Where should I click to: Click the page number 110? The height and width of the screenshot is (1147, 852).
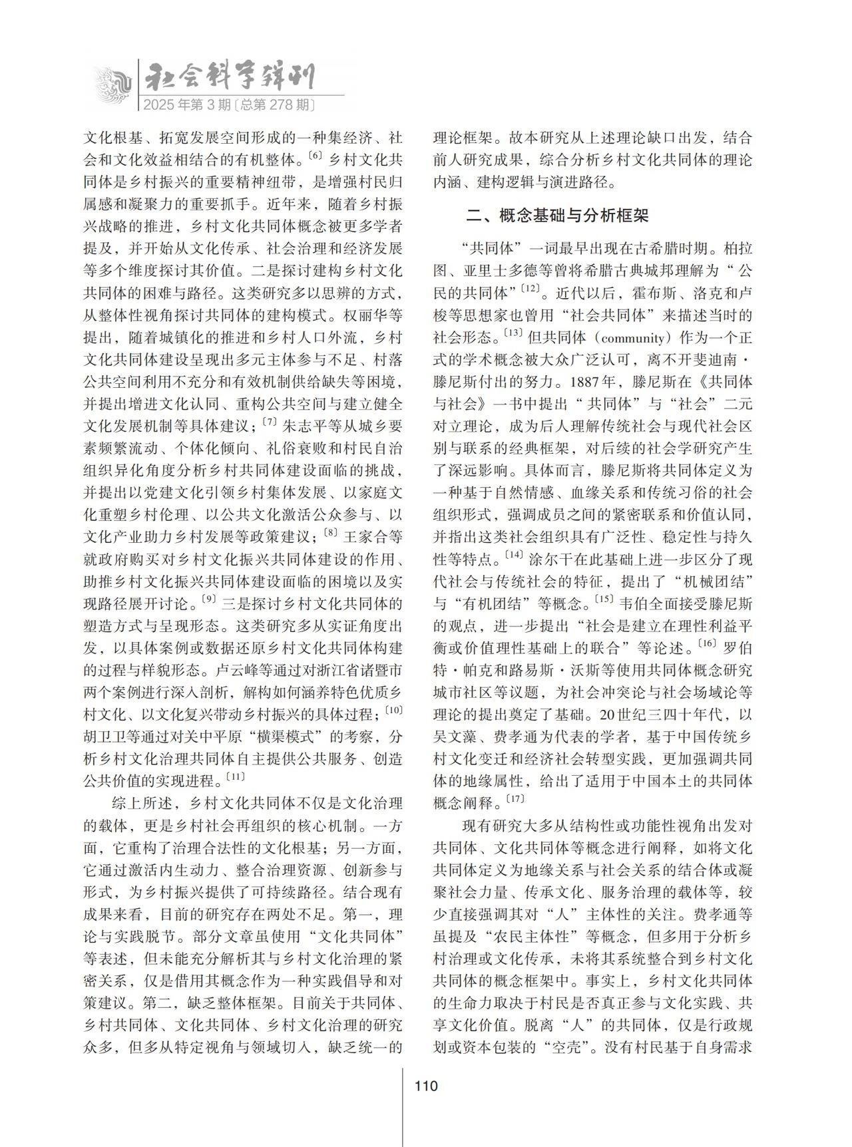pos(426,1086)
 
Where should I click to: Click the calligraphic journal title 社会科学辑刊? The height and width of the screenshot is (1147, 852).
pos(229,79)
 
